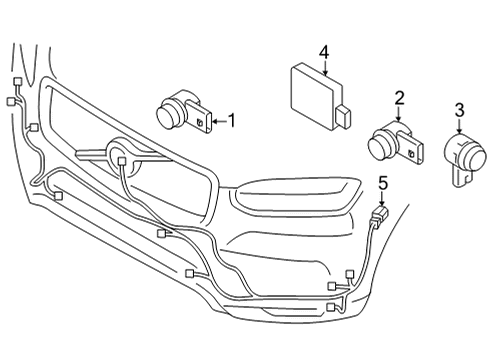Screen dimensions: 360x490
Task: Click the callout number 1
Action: point(232,121)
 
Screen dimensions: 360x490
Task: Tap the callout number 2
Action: point(399,97)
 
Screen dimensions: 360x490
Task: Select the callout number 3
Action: point(459,109)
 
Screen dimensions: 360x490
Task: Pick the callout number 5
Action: point(382,182)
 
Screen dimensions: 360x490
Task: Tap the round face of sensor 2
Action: point(380,147)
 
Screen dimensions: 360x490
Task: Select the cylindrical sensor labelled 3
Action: point(461,155)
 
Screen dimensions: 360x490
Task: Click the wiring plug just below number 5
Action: point(379,213)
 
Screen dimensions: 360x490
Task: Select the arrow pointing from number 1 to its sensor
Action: point(217,122)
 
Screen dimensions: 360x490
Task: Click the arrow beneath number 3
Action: point(459,126)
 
